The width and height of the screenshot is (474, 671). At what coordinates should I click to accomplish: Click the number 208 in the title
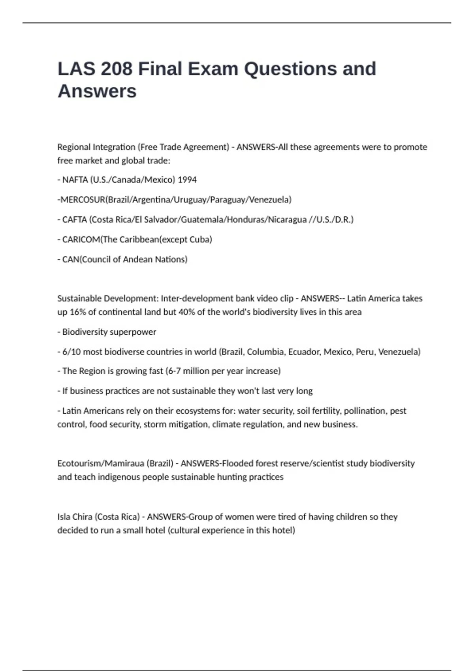(x=117, y=69)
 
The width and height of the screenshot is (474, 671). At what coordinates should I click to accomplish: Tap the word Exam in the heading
(x=213, y=69)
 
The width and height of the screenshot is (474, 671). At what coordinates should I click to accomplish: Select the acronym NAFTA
(x=75, y=180)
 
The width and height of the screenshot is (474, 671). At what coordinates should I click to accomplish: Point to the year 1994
(x=187, y=180)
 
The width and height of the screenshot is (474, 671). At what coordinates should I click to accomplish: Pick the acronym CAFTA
(x=74, y=219)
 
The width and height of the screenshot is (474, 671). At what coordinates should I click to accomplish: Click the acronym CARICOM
(x=81, y=240)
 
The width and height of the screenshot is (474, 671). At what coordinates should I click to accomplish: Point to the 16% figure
(x=78, y=312)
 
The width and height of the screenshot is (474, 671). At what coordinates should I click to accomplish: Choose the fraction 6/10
(x=71, y=352)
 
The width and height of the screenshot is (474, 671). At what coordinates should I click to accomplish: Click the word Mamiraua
(x=124, y=463)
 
